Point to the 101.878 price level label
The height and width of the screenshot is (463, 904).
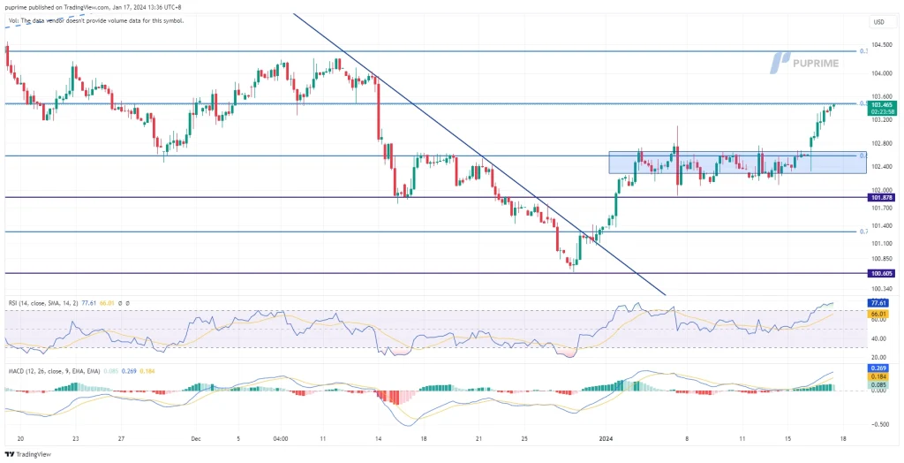[x=882, y=197]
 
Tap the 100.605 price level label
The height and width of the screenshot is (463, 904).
[x=882, y=274]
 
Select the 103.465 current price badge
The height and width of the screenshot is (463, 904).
[x=882, y=105]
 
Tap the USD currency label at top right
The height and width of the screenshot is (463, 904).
[x=878, y=21]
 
